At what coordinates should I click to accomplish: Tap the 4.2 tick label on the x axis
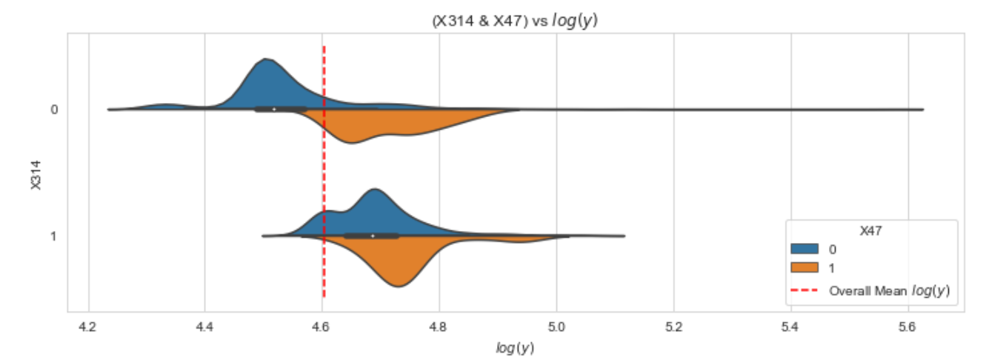[x=88, y=325]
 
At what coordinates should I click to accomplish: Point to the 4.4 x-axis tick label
[x=205, y=325]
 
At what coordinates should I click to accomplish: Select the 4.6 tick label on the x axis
[x=322, y=325]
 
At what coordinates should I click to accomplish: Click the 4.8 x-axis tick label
[x=439, y=325]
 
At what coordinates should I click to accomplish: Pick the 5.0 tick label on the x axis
[x=556, y=325]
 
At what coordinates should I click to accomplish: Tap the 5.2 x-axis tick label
[x=673, y=325]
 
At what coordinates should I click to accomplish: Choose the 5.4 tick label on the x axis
[x=790, y=325]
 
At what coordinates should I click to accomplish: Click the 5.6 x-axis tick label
[x=907, y=325]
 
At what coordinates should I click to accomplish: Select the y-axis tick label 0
[x=54, y=110]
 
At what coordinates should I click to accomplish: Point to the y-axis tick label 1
[x=54, y=236]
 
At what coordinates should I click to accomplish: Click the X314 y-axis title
[x=35, y=173]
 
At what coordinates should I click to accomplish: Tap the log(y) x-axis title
[x=515, y=346]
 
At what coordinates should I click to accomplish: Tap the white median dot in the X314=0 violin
[x=274, y=109]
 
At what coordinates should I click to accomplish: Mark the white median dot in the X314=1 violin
[x=372, y=236]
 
